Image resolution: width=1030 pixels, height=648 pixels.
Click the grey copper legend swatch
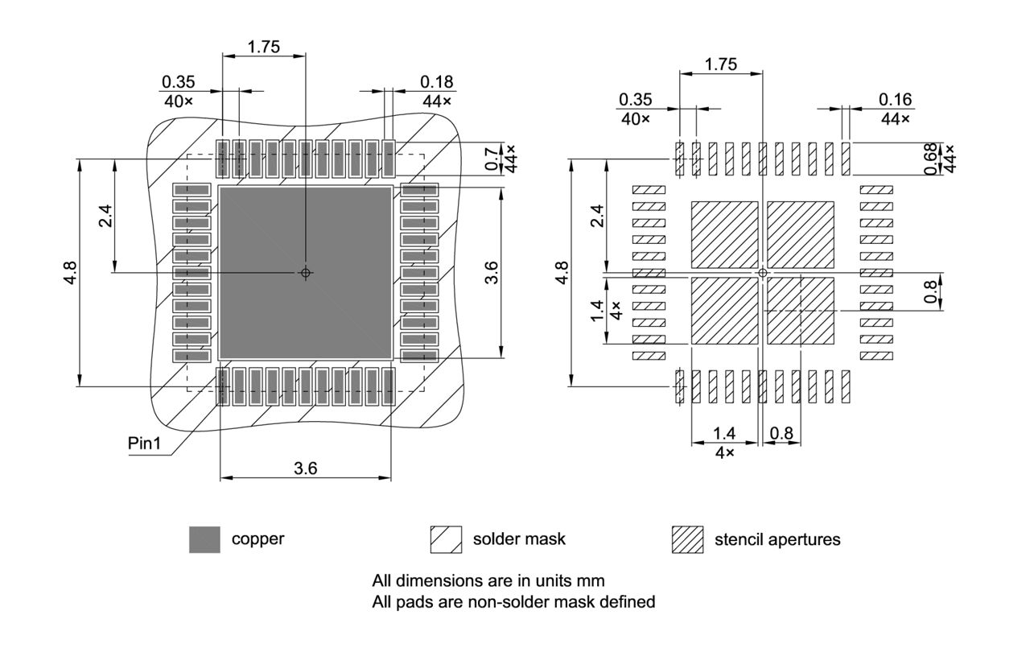click(x=204, y=539)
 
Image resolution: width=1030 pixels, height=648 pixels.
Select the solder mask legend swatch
click(x=446, y=539)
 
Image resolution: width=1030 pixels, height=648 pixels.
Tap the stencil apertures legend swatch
click(x=687, y=539)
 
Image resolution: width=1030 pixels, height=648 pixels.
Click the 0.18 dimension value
click(x=437, y=81)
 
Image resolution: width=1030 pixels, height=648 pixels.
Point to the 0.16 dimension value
click(x=895, y=99)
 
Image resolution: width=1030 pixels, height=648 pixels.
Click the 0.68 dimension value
click(x=931, y=159)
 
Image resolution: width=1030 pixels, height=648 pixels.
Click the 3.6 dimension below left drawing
click(x=305, y=468)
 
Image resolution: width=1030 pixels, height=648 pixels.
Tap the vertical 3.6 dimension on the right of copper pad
click(x=492, y=273)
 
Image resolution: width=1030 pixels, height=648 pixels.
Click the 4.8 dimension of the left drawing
click(x=72, y=273)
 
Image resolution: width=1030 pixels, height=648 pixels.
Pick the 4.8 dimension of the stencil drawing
click(x=562, y=273)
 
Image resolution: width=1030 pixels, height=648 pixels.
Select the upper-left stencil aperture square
click(x=724, y=234)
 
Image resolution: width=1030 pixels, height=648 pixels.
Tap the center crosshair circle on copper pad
click(x=305, y=273)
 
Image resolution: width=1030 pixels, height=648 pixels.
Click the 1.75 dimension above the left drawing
click(x=263, y=47)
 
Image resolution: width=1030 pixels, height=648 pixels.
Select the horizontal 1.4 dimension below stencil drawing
click(x=724, y=434)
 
